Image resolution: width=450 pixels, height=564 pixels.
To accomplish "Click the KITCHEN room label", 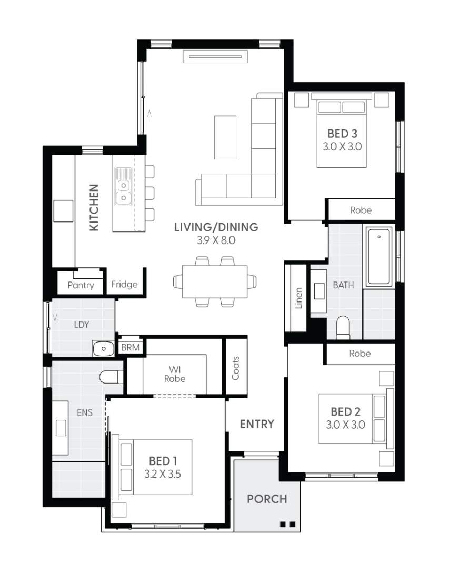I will coord(94,207).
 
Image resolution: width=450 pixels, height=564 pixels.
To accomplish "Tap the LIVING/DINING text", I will coord(216,227).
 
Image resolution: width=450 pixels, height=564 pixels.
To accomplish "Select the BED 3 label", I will coord(342,134).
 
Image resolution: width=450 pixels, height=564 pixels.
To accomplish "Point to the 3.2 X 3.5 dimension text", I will coord(163,474).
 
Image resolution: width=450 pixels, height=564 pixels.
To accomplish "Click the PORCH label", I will coord(267,499).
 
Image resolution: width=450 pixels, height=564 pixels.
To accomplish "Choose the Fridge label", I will coord(125,285).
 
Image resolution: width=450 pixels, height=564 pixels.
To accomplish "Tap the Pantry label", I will coord(81,285).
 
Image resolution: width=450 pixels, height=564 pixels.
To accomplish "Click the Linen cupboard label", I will coord(298,297).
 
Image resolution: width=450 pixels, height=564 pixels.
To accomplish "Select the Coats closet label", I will coord(235,368).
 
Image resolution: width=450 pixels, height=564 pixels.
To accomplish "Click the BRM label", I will coord(129,348).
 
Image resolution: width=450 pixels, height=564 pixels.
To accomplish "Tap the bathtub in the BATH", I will coord(379,257).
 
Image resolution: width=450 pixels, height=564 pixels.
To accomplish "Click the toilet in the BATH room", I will coord(343,326).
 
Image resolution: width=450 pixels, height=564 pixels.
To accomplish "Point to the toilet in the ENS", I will coord(111,376).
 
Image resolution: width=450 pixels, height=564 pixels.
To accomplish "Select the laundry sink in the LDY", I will coord(103,348).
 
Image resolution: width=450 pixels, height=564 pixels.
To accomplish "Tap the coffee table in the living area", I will coord(225,137).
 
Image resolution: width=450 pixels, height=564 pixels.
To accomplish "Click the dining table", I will coord(215,281).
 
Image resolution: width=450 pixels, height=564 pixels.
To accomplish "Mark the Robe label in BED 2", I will coord(360,354).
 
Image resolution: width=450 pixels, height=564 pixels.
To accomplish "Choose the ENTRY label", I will coord(257,424).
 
